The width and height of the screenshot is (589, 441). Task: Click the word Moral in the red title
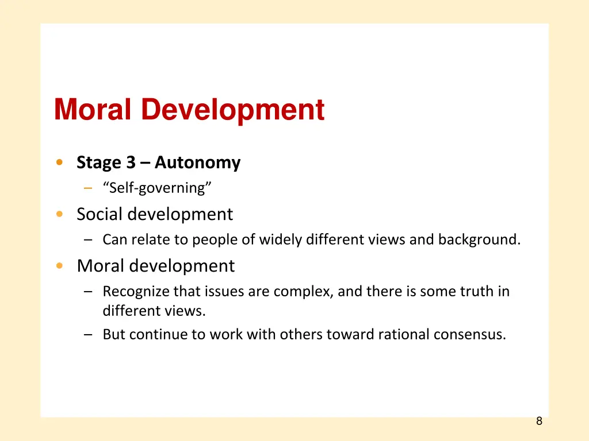(93, 109)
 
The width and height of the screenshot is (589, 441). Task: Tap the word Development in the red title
(232, 109)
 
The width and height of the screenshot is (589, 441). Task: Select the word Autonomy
(197, 163)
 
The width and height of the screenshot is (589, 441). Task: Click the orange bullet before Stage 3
(60, 163)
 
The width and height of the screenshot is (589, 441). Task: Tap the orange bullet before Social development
(60, 215)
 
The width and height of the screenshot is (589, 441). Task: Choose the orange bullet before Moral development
(60, 266)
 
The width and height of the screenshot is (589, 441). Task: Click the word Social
(100, 215)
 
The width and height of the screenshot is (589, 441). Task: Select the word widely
(280, 239)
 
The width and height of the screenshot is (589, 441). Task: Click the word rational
(403, 334)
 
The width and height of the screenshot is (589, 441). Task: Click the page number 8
(539, 421)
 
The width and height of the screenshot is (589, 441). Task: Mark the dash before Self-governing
(87, 188)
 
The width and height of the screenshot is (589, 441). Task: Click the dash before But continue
(87, 334)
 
